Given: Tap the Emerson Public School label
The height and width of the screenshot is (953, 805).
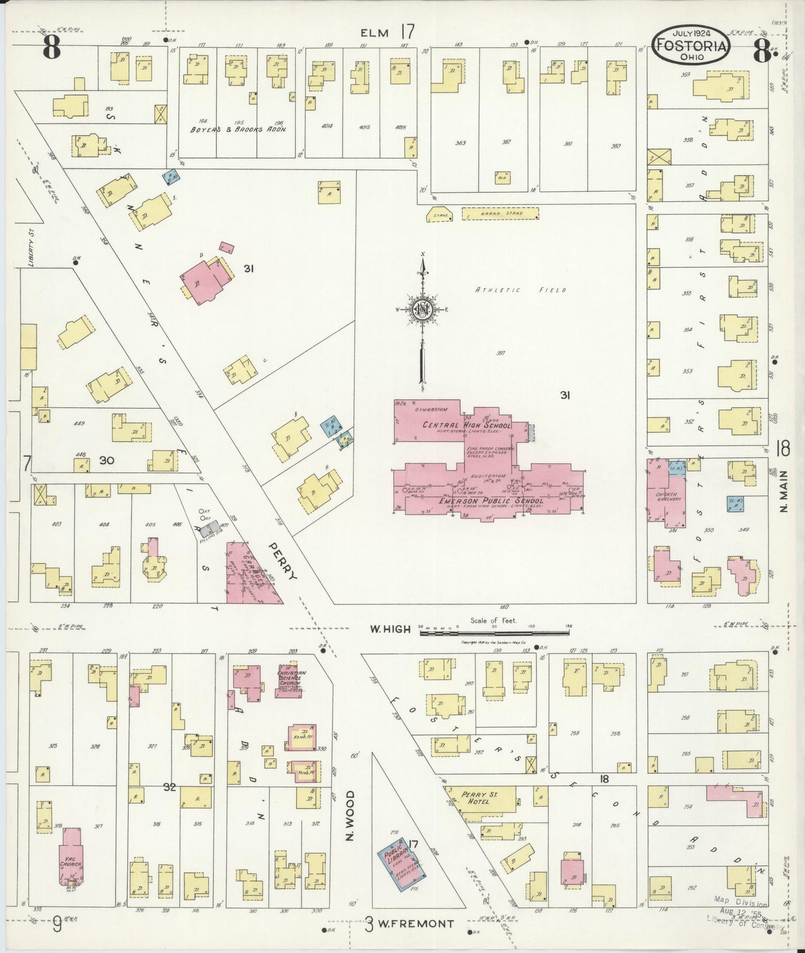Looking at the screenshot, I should pyautogui.click(x=491, y=500).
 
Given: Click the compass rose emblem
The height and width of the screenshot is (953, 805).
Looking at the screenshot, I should pyautogui.click(x=423, y=310).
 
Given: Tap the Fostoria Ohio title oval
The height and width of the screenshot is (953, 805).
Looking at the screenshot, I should pyautogui.click(x=691, y=46).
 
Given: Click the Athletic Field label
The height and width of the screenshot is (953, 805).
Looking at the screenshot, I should pyautogui.click(x=520, y=290).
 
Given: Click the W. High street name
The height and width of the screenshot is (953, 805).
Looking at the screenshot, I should pyautogui.click(x=391, y=629).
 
